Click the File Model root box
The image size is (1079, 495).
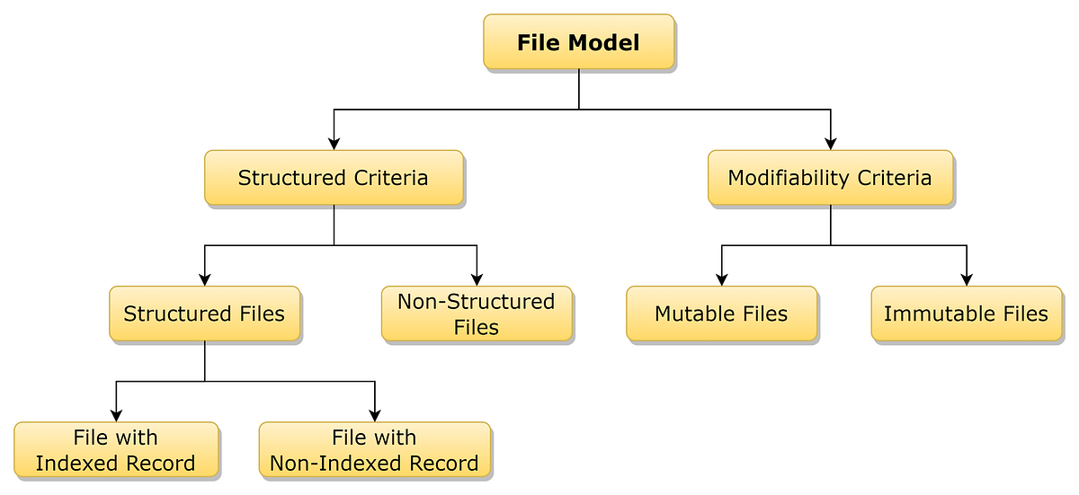click(x=578, y=42)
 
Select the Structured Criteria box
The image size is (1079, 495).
click(x=334, y=178)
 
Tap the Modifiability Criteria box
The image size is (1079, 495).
click(x=830, y=178)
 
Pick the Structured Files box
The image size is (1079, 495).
click(x=204, y=314)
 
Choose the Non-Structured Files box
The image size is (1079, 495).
click(x=477, y=314)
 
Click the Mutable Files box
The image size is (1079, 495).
click(x=721, y=314)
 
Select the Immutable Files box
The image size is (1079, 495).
click(x=966, y=314)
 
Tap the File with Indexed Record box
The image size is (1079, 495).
click(x=116, y=450)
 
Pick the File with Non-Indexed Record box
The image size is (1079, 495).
click(x=374, y=450)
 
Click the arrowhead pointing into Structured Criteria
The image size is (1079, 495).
click(x=334, y=142)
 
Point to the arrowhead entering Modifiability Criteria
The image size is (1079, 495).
click(x=830, y=142)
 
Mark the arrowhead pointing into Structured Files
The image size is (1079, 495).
click(x=205, y=278)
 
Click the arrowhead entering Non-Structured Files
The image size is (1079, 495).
click(x=477, y=278)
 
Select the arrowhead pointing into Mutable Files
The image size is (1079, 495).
click(x=721, y=278)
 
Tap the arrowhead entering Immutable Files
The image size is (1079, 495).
click(x=967, y=278)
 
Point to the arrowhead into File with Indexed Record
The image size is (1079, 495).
click(x=116, y=414)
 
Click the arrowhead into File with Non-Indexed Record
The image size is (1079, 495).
click(x=374, y=414)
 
